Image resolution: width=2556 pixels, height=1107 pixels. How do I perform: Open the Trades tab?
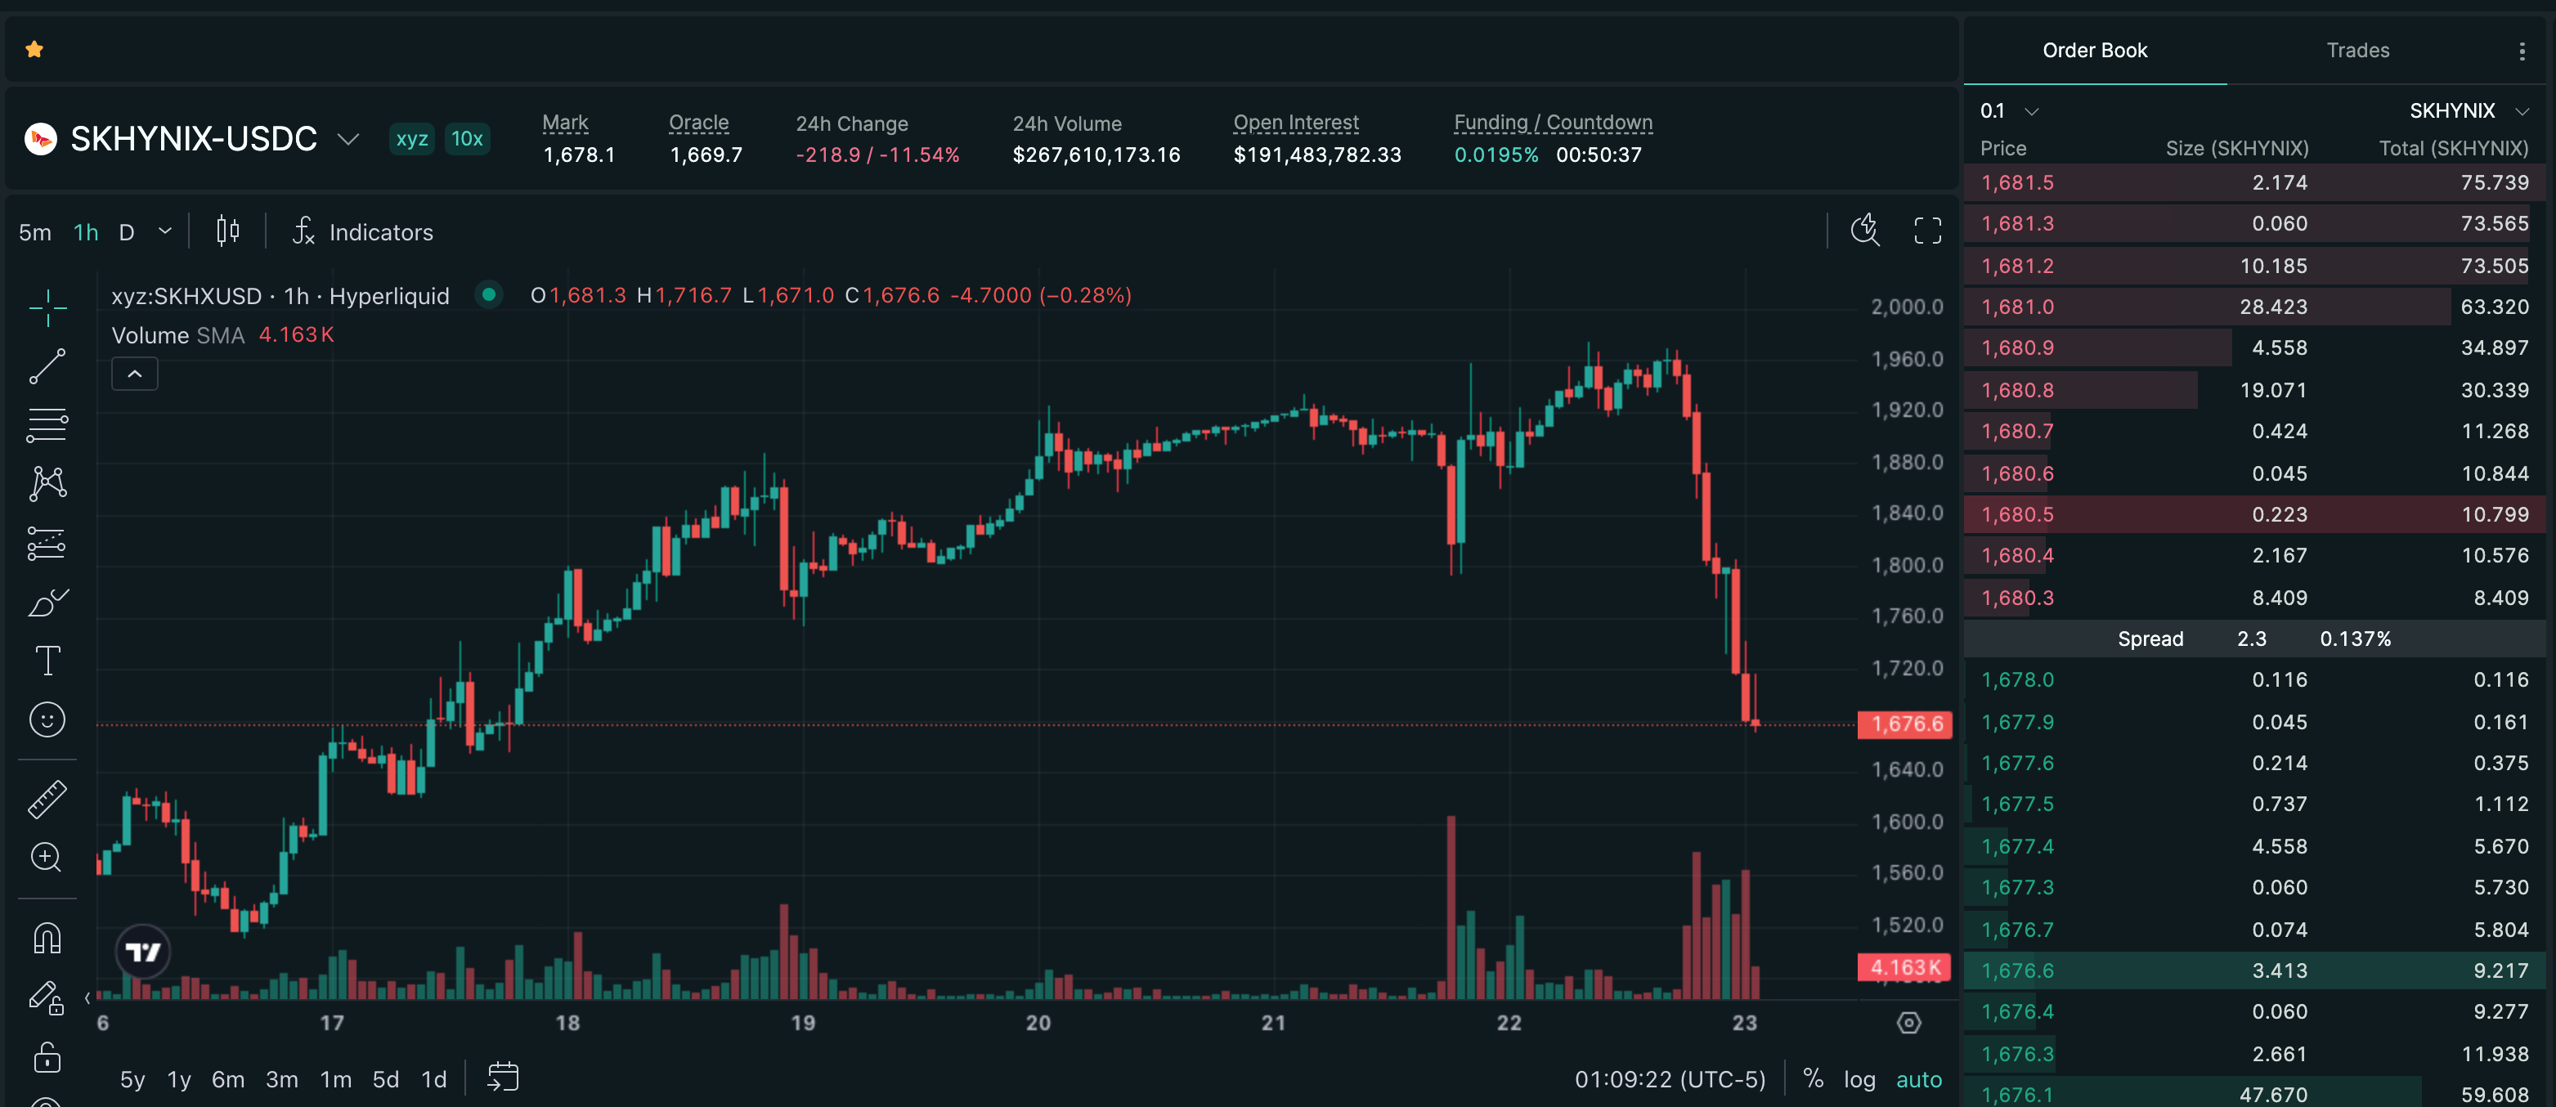[2357, 50]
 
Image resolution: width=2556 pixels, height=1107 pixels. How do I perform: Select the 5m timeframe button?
[34, 232]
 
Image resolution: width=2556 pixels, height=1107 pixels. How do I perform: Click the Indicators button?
[363, 232]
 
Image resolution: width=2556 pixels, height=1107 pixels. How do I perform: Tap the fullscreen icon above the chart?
[1927, 231]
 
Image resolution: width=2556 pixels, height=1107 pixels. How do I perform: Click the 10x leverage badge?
[466, 138]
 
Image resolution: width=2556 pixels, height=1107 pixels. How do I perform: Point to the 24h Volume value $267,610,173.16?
[1096, 155]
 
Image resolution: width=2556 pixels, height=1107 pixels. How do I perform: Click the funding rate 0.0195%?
[1496, 155]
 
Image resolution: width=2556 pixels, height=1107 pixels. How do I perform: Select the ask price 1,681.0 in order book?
[2017, 307]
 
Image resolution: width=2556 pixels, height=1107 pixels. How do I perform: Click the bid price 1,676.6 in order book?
[2017, 970]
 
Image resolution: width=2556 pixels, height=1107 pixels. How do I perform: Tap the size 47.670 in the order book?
[2273, 1094]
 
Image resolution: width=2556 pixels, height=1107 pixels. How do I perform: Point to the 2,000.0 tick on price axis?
[1907, 307]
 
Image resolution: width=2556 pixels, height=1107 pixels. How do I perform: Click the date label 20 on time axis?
[1038, 1023]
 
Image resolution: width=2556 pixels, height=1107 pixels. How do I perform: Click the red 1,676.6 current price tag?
[1905, 724]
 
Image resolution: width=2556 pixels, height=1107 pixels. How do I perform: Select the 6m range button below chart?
[227, 1079]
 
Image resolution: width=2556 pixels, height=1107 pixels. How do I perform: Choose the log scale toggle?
[1859, 1079]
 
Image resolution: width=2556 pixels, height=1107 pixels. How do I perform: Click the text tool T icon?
[47, 661]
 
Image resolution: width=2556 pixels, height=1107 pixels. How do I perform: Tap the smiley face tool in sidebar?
[47, 719]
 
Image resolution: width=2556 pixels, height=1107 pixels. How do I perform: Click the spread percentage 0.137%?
[2355, 639]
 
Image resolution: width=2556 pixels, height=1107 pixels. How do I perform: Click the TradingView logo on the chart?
[143, 952]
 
